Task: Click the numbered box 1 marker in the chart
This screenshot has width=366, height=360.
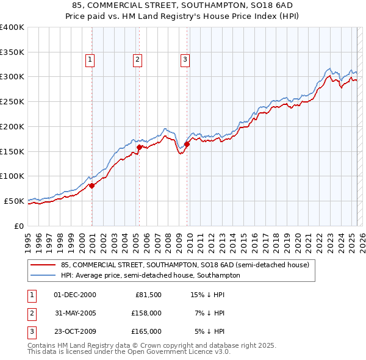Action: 90,60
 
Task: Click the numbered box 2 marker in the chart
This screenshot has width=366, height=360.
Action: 137,60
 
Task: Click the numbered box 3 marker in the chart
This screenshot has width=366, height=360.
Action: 184,60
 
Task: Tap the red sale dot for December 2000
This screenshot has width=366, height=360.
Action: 91,185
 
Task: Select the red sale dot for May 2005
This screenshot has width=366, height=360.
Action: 139,147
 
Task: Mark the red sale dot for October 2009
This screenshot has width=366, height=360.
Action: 187,144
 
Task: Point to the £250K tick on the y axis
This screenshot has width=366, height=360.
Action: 12,102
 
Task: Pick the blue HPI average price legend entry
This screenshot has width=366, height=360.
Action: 150,275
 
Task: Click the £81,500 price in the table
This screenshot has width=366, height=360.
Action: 148,295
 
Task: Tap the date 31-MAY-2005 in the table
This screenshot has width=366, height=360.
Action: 75,313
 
